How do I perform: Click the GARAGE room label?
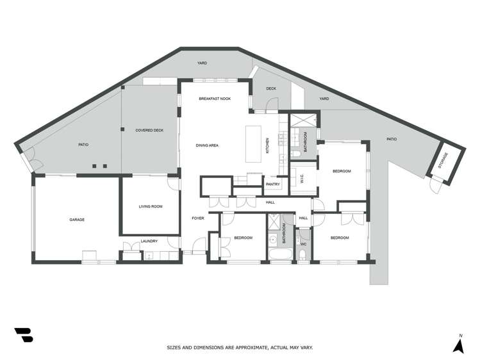77,220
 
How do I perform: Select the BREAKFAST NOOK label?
215,99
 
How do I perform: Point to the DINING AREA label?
208,145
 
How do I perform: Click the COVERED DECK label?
149,130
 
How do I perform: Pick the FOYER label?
198,218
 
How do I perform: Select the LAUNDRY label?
149,241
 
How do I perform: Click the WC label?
303,244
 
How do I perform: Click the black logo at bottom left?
24,334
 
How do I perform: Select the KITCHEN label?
268,145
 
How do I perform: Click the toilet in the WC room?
303,256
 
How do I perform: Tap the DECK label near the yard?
271,88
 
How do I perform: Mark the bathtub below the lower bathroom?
280,256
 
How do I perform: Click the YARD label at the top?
203,63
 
